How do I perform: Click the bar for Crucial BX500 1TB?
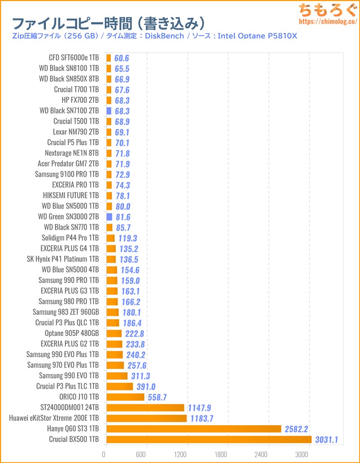(209, 439)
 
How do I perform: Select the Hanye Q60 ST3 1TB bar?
(193, 428)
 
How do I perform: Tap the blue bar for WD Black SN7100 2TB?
(108, 110)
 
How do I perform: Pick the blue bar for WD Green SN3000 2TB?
(109, 217)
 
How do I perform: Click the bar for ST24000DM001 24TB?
(145, 408)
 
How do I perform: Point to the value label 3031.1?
(326, 439)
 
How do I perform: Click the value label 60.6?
(121, 58)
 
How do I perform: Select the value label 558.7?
(158, 397)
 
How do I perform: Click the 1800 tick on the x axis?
(228, 454)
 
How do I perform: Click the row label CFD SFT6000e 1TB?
(74, 58)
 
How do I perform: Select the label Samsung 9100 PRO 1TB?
(67, 174)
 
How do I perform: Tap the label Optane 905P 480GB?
(72, 333)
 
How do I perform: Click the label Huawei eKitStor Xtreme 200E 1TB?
(54, 418)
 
